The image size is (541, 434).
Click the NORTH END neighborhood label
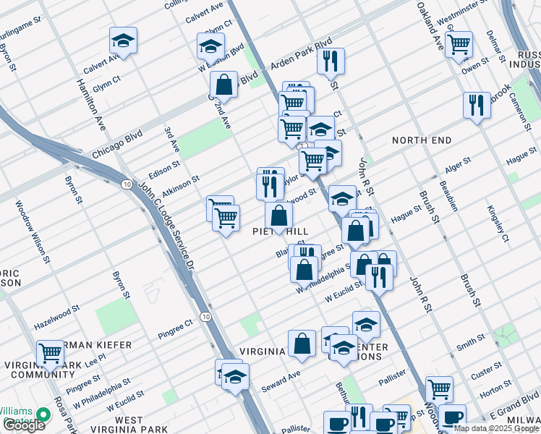[422, 140]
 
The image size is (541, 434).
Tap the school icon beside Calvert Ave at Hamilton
[124, 43]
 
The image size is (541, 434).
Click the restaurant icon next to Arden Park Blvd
[331, 62]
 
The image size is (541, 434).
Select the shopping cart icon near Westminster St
[459, 45]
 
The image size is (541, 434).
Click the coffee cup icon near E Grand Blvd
[453, 418]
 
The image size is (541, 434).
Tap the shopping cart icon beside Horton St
[439, 388]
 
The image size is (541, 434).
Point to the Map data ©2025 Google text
[495, 428]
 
